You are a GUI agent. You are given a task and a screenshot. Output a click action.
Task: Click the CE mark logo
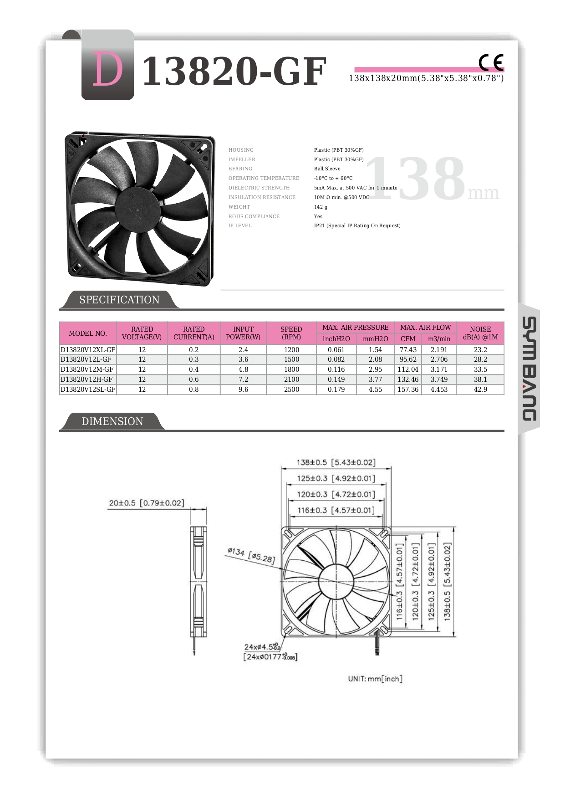click(x=491, y=62)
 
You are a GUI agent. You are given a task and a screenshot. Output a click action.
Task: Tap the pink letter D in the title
click(x=107, y=69)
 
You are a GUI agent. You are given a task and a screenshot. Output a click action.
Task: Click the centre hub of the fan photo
click(x=138, y=210)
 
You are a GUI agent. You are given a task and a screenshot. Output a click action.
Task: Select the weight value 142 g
click(x=321, y=207)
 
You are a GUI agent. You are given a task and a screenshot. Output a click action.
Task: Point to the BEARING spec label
click(x=240, y=169)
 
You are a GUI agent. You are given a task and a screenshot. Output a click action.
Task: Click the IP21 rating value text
click(x=357, y=225)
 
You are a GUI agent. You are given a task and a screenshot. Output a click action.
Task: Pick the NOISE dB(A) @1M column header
click(x=480, y=333)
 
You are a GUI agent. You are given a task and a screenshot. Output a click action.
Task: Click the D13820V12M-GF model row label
click(x=87, y=369)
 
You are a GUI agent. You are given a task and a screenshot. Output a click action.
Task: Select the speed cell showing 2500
click(x=291, y=389)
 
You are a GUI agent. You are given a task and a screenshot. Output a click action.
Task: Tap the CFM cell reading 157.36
click(x=407, y=389)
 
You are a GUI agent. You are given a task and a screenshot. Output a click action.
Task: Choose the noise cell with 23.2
click(x=480, y=350)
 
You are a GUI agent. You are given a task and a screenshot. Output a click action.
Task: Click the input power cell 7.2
click(x=243, y=379)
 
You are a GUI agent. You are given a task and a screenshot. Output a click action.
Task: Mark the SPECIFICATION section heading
click(x=119, y=300)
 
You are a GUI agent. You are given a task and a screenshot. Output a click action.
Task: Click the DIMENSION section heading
click(x=112, y=421)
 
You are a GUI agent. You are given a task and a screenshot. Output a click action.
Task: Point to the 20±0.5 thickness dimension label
click(x=146, y=503)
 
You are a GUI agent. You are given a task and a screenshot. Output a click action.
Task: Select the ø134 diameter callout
click(x=251, y=555)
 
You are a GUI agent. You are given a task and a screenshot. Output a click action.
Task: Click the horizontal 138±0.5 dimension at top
click(x=336, y=462)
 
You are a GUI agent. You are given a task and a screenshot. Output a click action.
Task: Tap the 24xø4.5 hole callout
click(x=262, y=647)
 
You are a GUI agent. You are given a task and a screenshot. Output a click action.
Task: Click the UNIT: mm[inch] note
click(x=375, y=679)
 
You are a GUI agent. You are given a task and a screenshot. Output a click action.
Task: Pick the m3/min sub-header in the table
click(x=439, y=339)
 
